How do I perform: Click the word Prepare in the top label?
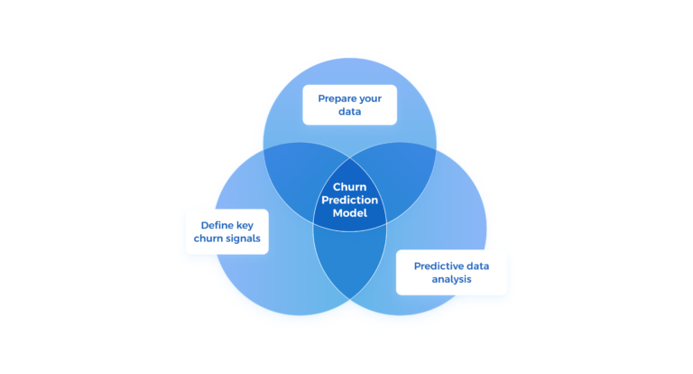[337, 98]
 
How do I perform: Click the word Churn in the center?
[349, 187]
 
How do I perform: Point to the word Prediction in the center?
[349, 200]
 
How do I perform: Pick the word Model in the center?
[349, 212]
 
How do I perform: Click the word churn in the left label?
[208, 238]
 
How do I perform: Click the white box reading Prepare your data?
[349, 104]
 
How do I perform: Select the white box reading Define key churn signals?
[226, 231]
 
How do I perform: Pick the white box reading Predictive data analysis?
[451, 273]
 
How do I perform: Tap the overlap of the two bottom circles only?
[349, 262]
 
